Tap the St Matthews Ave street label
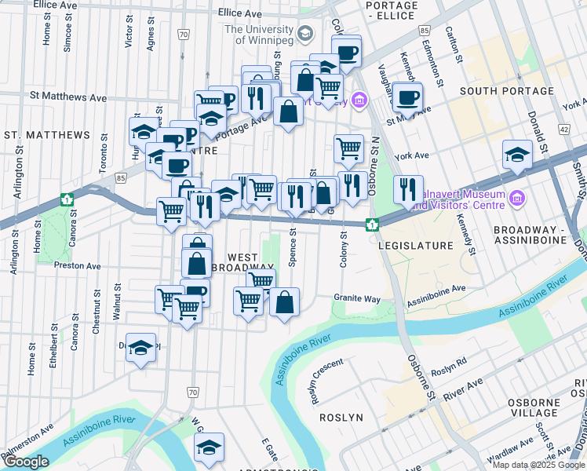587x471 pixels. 68,97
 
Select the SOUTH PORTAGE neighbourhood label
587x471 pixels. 506,91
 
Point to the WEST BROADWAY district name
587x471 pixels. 250,262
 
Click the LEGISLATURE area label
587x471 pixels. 415,246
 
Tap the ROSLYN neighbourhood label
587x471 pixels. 341,418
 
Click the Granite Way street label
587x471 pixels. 356,298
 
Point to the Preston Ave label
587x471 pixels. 77,265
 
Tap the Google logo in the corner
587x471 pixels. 27,462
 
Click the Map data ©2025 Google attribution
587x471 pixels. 538,465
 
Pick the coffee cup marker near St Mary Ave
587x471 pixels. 407,97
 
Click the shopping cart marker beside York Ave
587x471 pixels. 348,147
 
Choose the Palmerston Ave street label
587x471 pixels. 27,451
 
